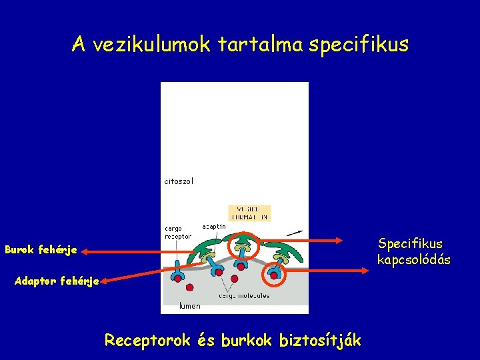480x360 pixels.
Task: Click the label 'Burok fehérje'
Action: tap(41, 251)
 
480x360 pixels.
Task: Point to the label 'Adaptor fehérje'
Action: tap(57, 281)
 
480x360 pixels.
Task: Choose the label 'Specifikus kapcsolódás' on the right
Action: tap(413, 251)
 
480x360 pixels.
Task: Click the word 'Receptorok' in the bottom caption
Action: tap(147, 340)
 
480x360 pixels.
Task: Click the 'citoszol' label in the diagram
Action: tap(179, 181)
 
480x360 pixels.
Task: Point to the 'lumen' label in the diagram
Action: tap(189, 306)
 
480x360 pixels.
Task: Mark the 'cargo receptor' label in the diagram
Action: tap(178, 232)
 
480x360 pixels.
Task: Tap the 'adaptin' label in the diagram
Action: tap(214, 227)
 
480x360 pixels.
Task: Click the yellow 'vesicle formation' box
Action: tap(249, 213)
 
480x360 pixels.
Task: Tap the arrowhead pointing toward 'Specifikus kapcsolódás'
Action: tap(366, 270)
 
